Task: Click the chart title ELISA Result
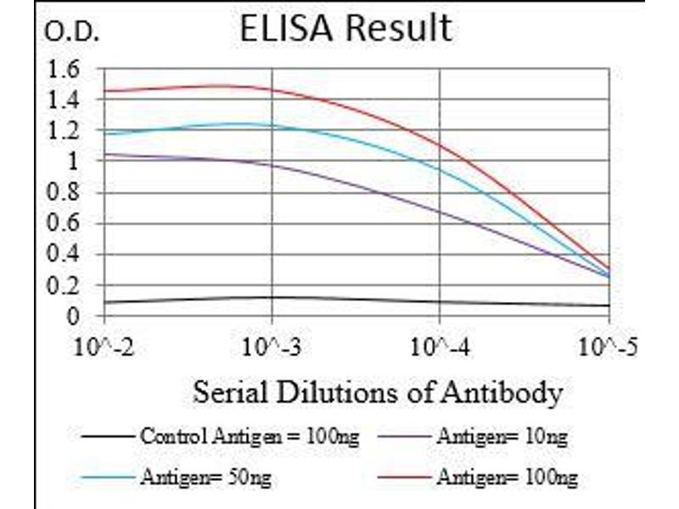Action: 345,28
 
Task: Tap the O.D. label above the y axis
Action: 71,33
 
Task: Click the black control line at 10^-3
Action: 272,297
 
